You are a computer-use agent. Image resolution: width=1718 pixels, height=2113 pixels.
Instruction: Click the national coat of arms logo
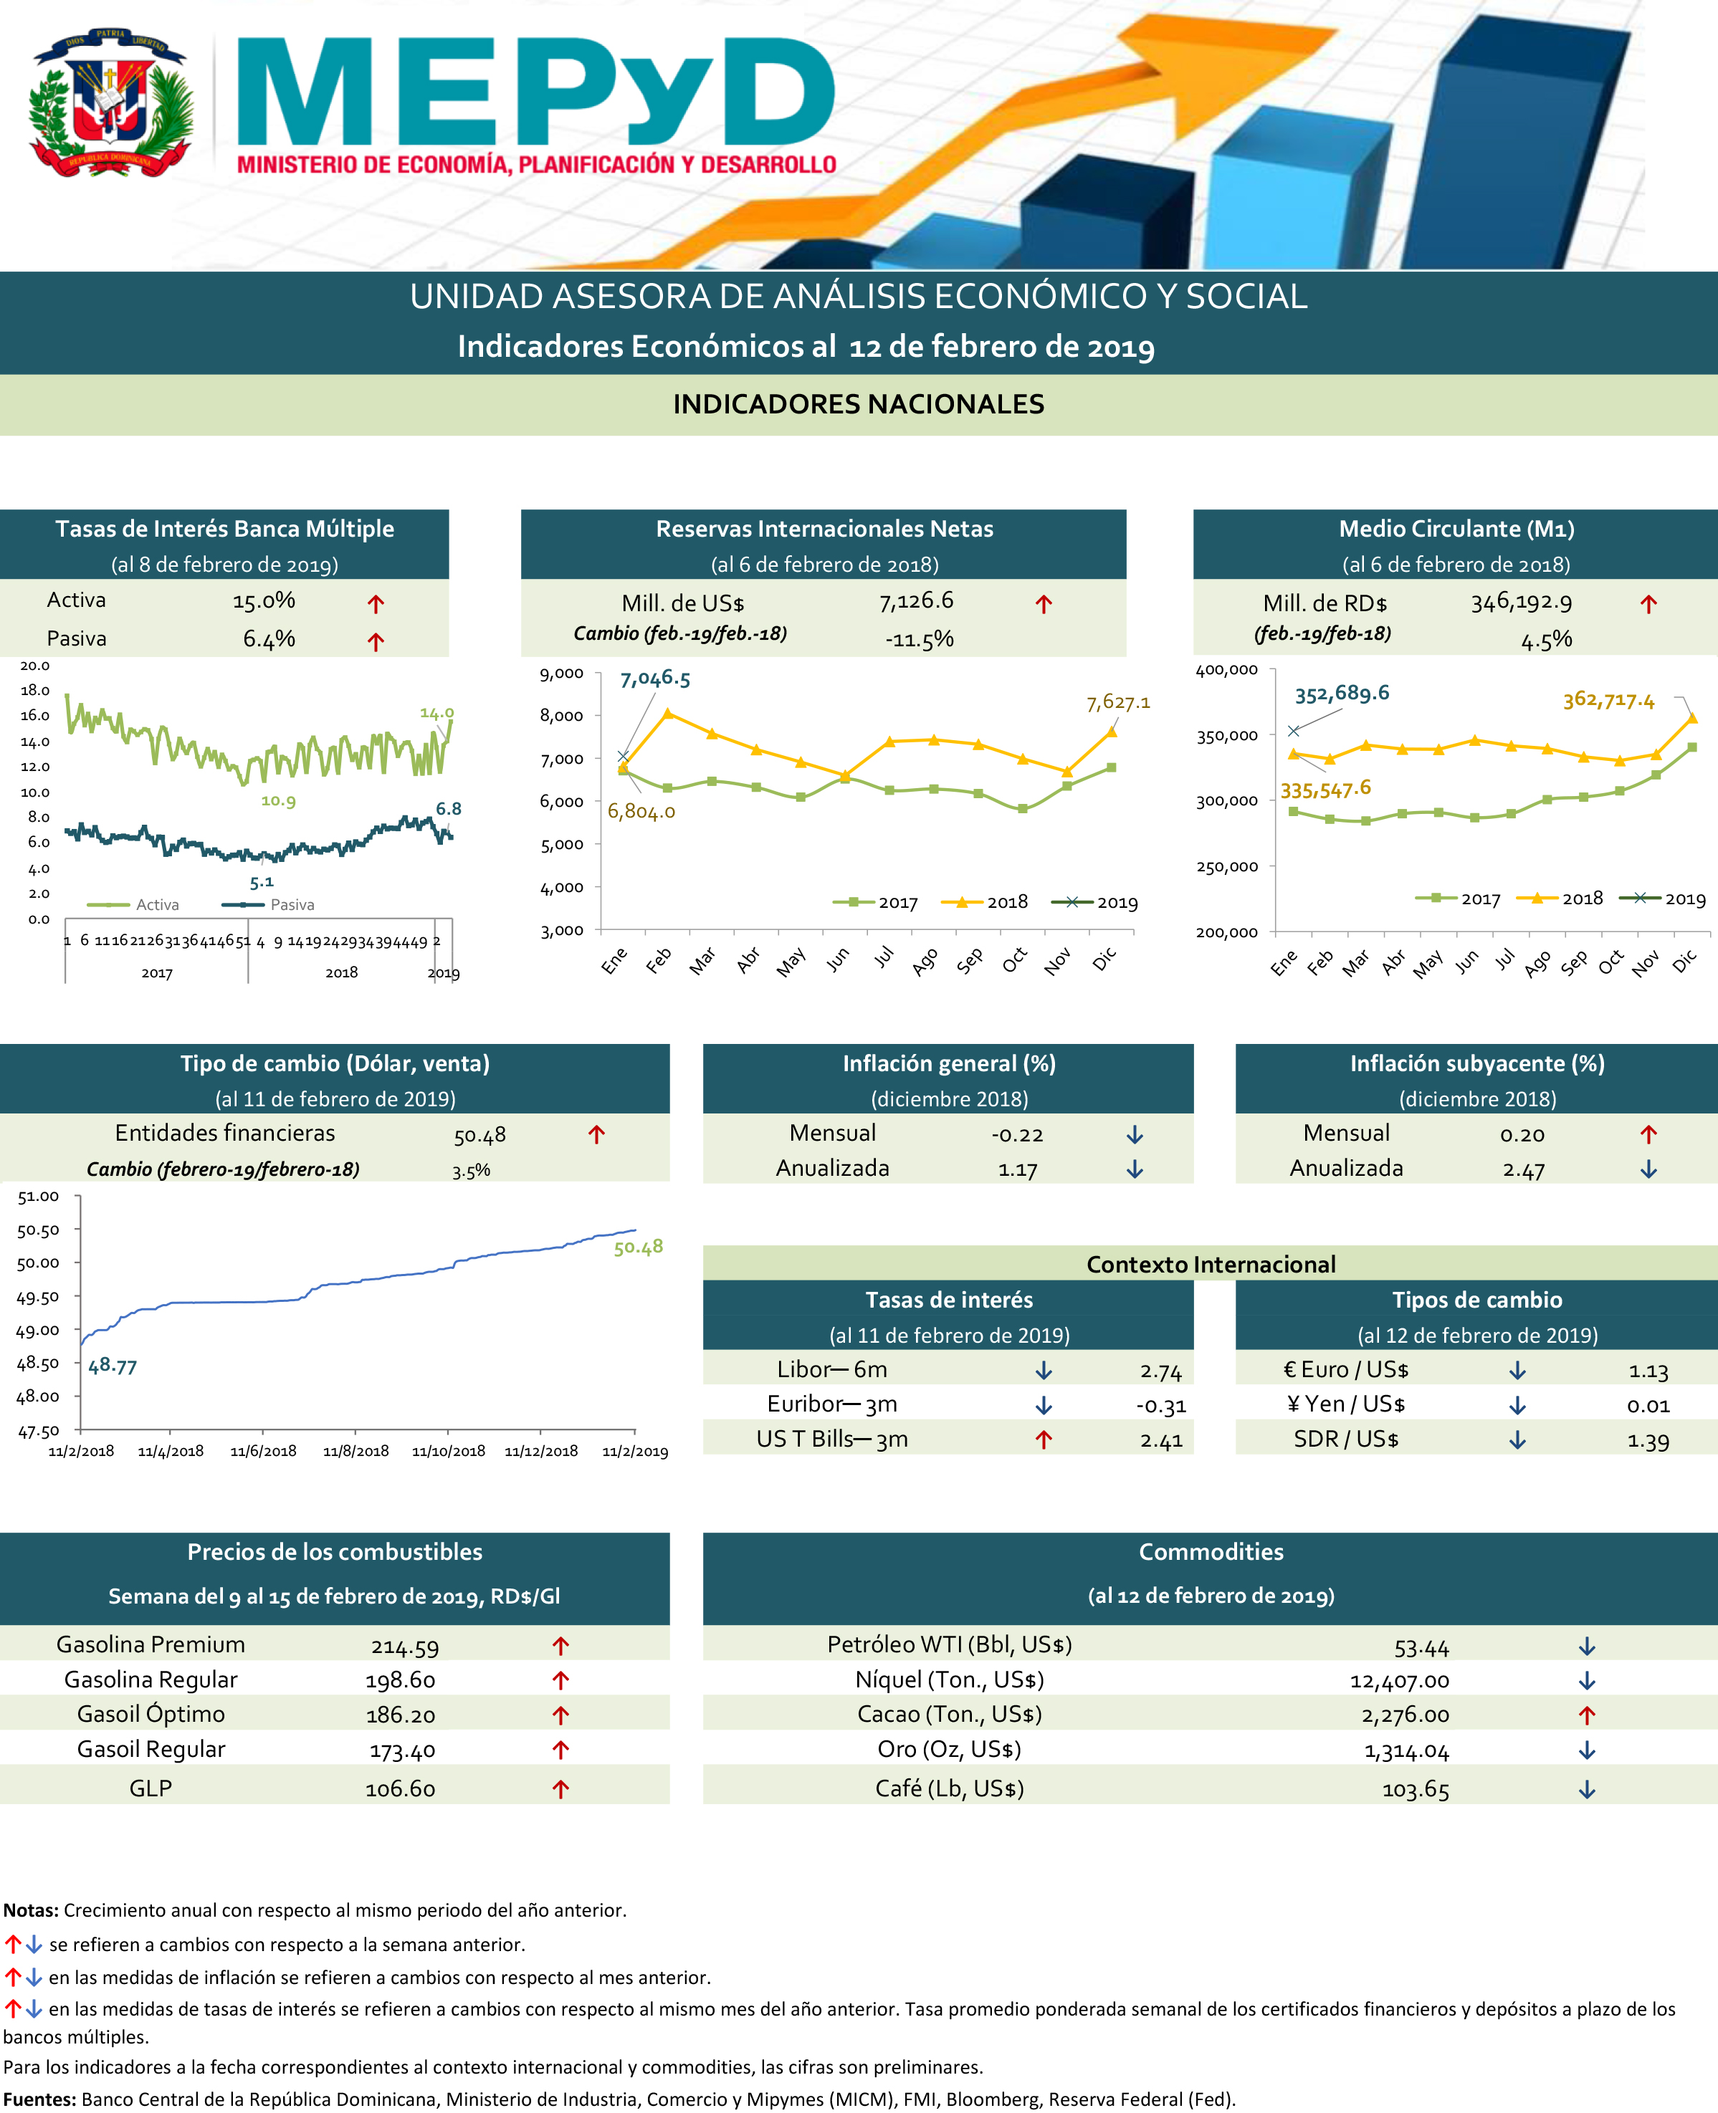coord(109,103)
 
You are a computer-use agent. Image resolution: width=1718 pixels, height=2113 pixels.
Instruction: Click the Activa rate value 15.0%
coord(263,600)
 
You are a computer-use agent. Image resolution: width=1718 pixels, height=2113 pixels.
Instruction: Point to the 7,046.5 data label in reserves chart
coord(655,679)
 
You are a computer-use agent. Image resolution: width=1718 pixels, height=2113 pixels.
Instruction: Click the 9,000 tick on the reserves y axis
coord(561,674)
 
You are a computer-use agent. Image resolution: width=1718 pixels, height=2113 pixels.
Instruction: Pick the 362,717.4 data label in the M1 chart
coord(1608,700)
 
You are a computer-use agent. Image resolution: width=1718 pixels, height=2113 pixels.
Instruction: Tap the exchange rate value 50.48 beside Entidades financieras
coord(480,1136)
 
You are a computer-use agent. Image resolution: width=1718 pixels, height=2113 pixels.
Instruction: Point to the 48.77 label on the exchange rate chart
coord(112,1366)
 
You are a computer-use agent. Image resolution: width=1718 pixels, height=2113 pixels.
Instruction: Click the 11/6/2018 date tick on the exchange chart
coord(263,1451)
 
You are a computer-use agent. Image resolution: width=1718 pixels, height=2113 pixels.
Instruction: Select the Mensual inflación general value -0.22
coord(1016,1136)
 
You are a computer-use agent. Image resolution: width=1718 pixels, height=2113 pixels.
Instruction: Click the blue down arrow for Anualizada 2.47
coord(1648,1169)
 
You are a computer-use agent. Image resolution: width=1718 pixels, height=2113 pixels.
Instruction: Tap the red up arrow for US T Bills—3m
coord(1043,1440)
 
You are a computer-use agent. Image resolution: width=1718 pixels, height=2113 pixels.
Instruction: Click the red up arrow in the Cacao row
coord(1586,1715)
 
